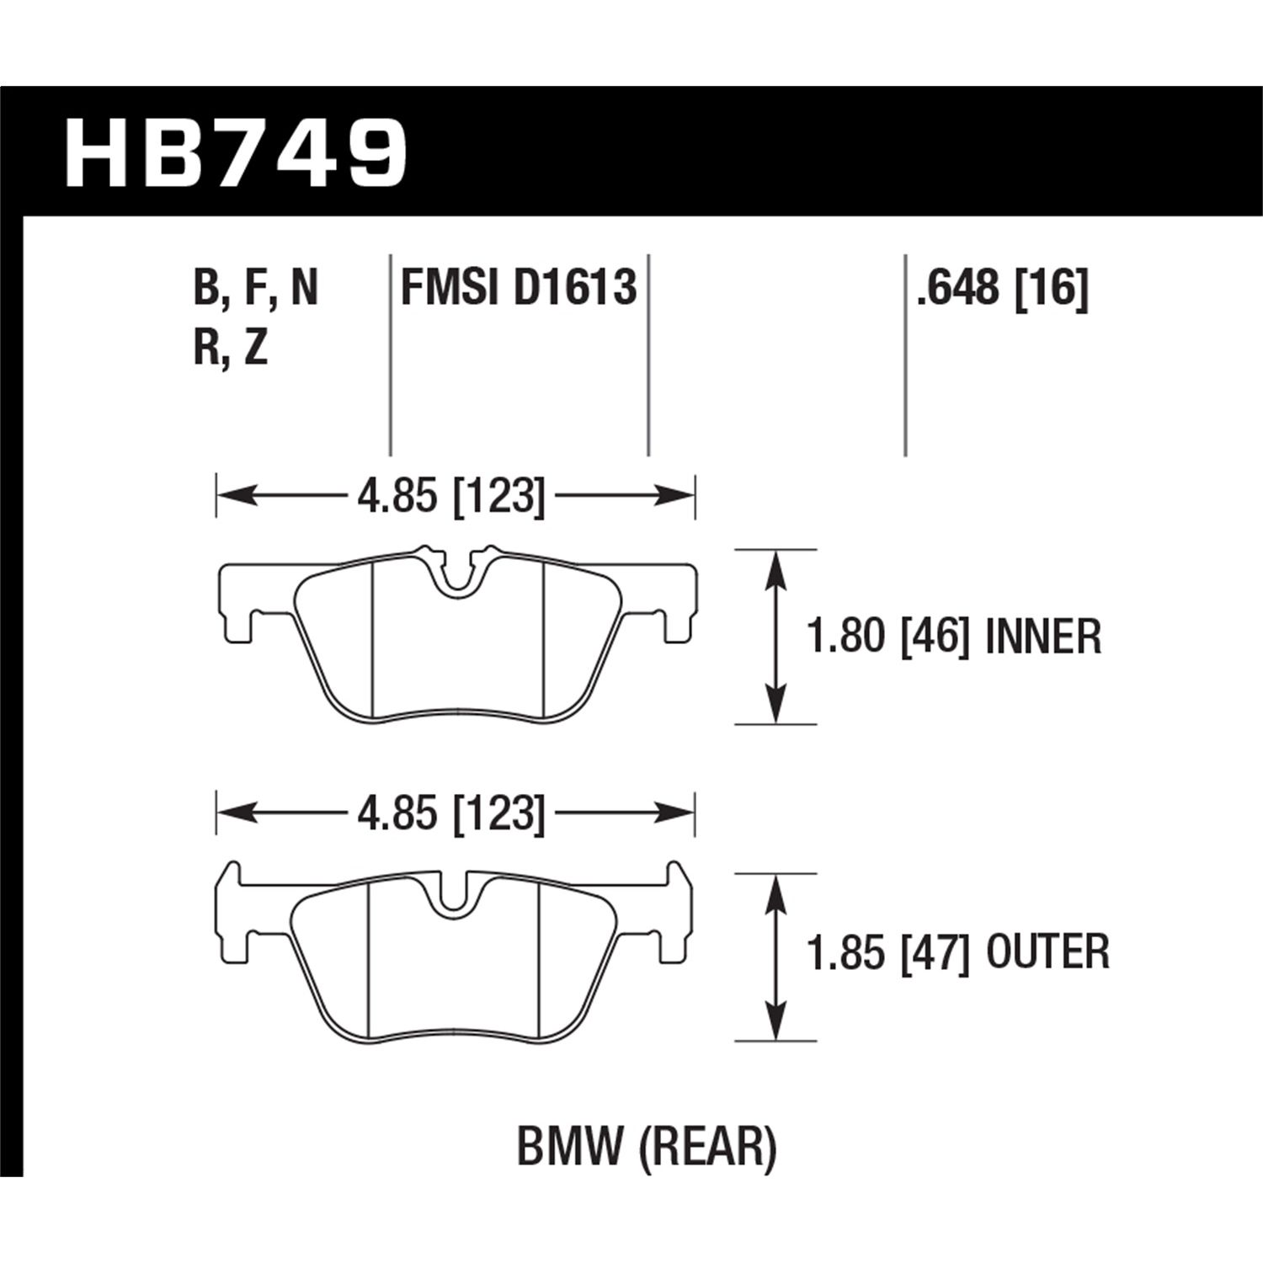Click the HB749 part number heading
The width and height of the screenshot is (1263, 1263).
[x=236, y=153]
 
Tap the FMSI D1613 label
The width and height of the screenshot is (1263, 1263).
[x=519, y=288]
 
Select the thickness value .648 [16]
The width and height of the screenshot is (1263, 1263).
[x=1003, y=288]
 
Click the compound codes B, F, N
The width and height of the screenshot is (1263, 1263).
[x=256, y=288]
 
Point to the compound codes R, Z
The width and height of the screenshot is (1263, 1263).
[x=231, y=347]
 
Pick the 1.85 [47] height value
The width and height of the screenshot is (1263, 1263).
[x=885, y=952]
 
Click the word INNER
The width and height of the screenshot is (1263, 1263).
[x=1042, y=637]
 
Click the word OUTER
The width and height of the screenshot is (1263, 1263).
[x=1047, y=952]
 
